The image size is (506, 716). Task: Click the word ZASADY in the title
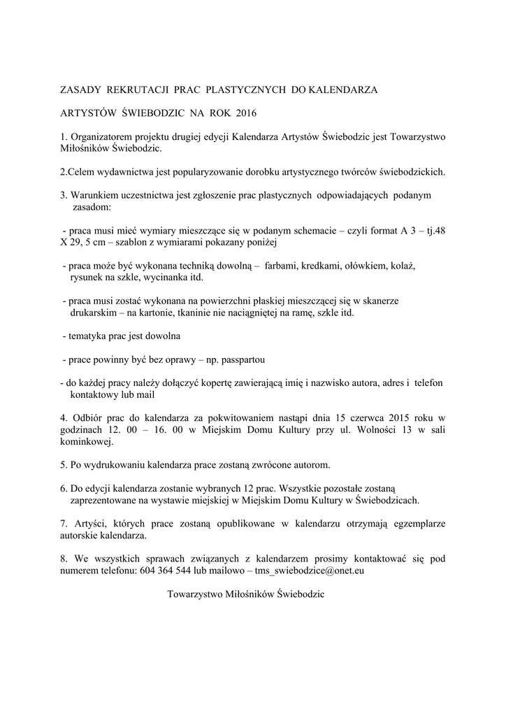pyautogui.click(x=80, y=90)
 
